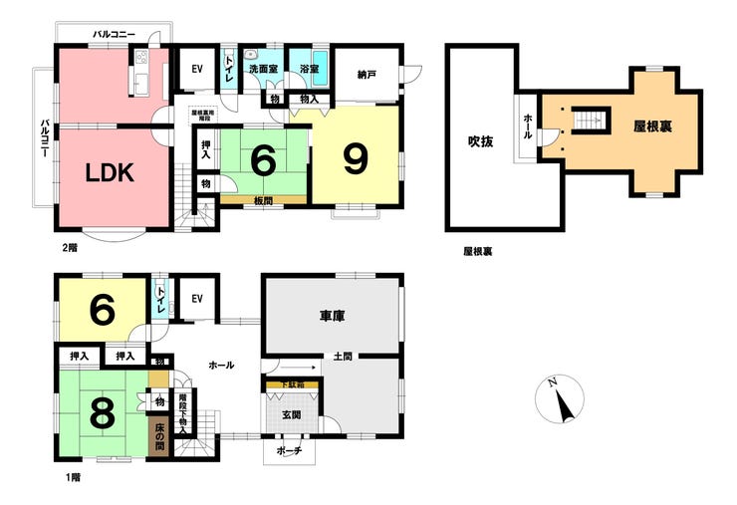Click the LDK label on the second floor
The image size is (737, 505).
(x=110, y=171)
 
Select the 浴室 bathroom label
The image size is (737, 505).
(x=308, y=69)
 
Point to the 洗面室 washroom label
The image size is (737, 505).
(x=263, y=69)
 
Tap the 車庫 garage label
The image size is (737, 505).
(x=332, y=316)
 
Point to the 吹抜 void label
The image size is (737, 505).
(x=481, y=140)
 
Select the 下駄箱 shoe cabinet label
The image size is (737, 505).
(x=292, y=382)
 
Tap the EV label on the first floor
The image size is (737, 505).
(x=196, y=299)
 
